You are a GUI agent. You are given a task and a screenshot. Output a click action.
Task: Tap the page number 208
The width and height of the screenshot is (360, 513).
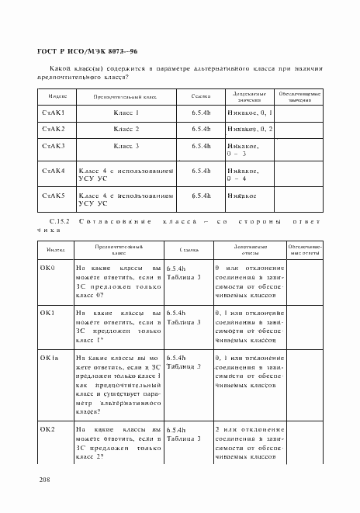[x=43, y=481]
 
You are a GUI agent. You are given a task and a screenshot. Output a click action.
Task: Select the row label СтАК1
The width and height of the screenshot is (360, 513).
[x=53, y=113]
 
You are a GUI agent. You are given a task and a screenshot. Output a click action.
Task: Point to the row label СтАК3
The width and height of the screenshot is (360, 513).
[x=53, y=146]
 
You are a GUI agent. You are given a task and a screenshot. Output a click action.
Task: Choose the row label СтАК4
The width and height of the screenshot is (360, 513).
[x=53, y=171]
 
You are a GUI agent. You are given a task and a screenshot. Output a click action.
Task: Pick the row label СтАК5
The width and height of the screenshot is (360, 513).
[x=53, y=196]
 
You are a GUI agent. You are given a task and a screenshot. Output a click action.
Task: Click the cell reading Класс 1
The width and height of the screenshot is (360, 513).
[x=126, y=113]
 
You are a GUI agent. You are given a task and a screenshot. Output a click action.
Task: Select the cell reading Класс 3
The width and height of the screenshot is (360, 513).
[x=126, y=146]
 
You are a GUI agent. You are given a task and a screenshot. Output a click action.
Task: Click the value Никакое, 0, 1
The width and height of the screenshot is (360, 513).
[x=250, y=113]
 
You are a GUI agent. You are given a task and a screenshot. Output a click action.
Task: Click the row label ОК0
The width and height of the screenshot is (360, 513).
[x=47, y=268]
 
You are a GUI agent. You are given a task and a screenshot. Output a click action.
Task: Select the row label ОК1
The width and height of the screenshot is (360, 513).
[x=47, y=313]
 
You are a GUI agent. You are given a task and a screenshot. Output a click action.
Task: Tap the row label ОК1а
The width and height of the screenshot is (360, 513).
[x=49, y=358]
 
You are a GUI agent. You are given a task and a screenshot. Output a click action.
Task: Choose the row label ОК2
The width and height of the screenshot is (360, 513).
[x=47, y=429]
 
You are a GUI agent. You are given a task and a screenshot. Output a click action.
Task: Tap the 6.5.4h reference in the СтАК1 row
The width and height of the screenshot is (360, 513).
[x=202, y=113]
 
